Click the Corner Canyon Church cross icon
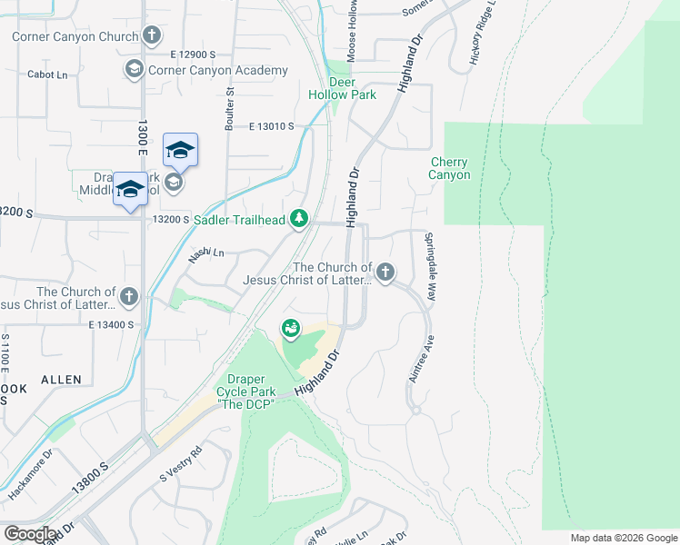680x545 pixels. (152, 36)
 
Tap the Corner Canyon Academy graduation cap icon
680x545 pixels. (134, 70)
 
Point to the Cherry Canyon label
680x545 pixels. (450, 168)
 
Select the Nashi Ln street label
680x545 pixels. (206, 254)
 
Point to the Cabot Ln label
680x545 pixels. (48, 74)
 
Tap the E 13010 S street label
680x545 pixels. (270, 126)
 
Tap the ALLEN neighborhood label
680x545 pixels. (60, 379)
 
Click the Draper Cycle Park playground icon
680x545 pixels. (291, 327)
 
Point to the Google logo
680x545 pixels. (30, 534)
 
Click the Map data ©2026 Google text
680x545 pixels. (624, 538)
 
